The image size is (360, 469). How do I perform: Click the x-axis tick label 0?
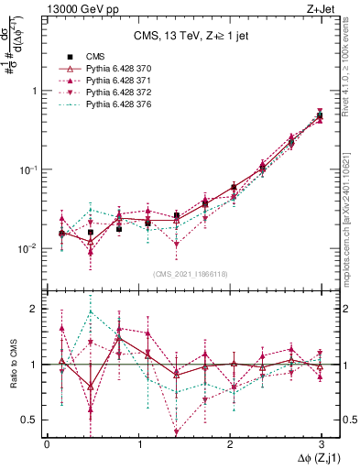(47, 443)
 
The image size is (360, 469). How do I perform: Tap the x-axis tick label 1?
(138, 443)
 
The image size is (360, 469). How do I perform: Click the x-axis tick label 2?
(230, 443)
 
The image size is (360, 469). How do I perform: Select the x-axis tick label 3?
(322, 443)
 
